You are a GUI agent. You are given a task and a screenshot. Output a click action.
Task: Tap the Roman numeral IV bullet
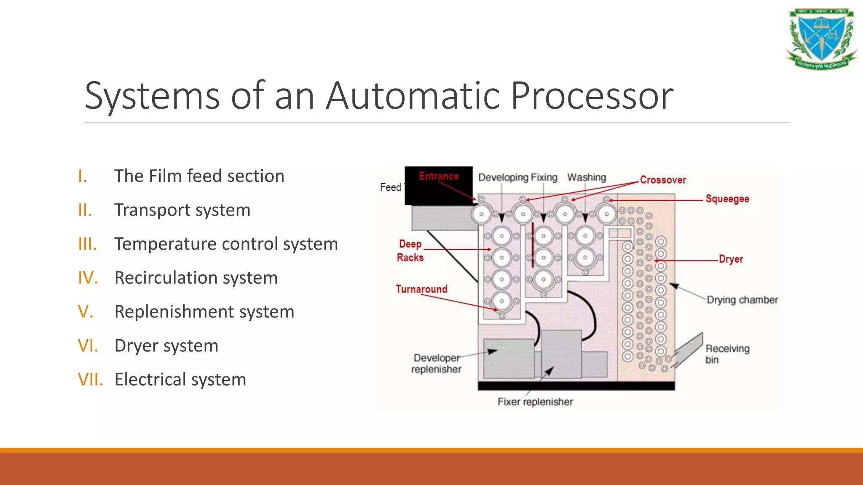(x=88, y=278)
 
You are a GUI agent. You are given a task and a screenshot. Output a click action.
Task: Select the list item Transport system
(x=182, y=210)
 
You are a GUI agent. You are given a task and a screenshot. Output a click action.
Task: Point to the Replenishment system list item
(x=204, y=312)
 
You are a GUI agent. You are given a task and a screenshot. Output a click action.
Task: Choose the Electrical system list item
(x=180, y=379)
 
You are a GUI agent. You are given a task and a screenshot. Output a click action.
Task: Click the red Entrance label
(x=438, y=176)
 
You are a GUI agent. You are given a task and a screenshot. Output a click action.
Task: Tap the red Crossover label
(x=662, y=180)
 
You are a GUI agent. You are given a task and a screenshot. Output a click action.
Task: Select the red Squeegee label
(x=727, y=199)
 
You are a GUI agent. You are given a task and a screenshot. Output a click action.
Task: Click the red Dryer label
(x=731, y=259)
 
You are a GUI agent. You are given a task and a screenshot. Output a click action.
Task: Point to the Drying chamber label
(x=742, y=300)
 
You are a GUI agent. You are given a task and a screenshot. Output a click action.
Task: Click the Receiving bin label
(x=727, y=354)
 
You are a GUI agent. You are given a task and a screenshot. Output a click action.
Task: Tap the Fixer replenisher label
(x=535, y=402)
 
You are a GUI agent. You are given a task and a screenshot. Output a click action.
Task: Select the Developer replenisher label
(x=436, y=363)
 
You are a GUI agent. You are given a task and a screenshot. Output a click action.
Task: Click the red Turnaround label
(x=421, y=289)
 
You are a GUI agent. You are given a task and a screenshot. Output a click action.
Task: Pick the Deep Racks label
(x=410, y=251)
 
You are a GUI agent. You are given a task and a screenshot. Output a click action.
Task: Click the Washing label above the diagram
(x=587, y=178)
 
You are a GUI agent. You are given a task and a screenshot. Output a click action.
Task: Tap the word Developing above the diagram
(x=503, y=178)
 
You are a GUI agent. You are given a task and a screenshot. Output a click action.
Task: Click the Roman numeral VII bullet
(x=90, y=379)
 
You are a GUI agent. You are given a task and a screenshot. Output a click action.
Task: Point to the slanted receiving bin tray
(x=688, y=350)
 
